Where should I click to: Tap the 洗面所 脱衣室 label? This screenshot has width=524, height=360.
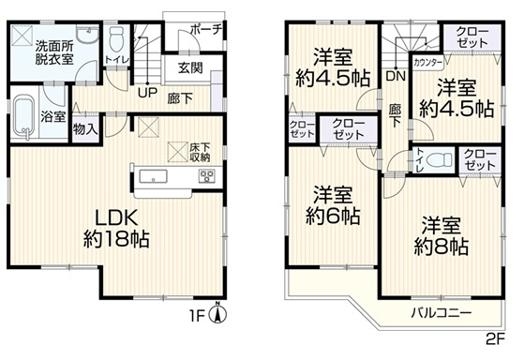(x=54, y=52)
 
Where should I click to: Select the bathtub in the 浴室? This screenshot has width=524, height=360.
(x=27, y=117)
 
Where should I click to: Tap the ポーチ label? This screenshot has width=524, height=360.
(x=204, y=29)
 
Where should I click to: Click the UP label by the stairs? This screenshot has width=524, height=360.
(x=147, y=92)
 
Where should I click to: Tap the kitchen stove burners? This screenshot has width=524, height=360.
(x=205, y=176)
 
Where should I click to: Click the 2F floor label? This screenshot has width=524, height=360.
(x=494, y=339)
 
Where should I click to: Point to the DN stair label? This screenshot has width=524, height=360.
(x=395, y=75)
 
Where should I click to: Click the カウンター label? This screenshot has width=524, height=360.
(x=427, y=63)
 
